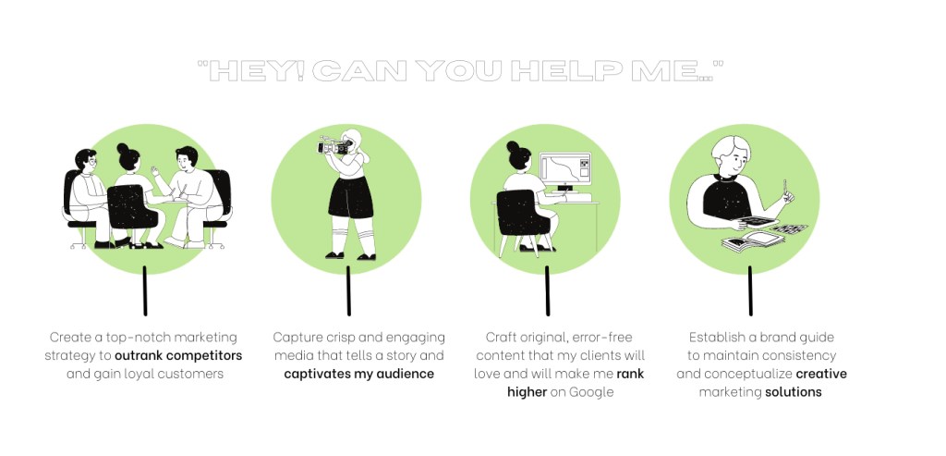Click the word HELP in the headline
point(566,71)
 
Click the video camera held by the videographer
point(334,145)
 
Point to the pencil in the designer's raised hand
point(785,188)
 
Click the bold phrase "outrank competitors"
point(178,356)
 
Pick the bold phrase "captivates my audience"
point(359,374)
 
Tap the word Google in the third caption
point(591,392)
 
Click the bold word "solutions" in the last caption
point(794,392)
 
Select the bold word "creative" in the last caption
point(821,374)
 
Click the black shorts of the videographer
point(350,198)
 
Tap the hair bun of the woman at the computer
point(513,146)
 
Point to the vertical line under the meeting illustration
point(145,290)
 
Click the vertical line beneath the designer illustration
point(750,290)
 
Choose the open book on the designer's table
point(753,241)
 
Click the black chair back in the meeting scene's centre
point(133,206)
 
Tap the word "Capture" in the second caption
point(293,338)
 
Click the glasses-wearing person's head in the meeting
point(86,159)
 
